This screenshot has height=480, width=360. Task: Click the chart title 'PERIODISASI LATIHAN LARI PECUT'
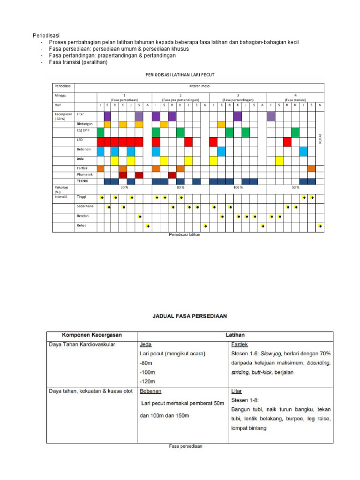[180, 75]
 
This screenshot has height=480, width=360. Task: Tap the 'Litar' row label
[81, 114]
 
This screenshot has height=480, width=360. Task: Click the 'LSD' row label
[80, 140]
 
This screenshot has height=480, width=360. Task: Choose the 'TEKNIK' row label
[82, 181]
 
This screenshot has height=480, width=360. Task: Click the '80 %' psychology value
[180, 187]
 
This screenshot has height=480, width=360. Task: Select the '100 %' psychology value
[238, 187]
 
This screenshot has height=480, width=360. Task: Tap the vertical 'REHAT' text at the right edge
[320, 138]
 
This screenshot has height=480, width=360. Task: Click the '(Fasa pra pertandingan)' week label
[180, 100]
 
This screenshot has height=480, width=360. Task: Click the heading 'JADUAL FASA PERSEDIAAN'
[189, 316]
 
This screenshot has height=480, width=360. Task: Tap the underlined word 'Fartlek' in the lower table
[239, 344]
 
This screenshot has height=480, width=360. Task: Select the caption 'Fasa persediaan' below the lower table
[186, 446]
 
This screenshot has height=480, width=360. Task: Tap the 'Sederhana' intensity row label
[85, 206]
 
